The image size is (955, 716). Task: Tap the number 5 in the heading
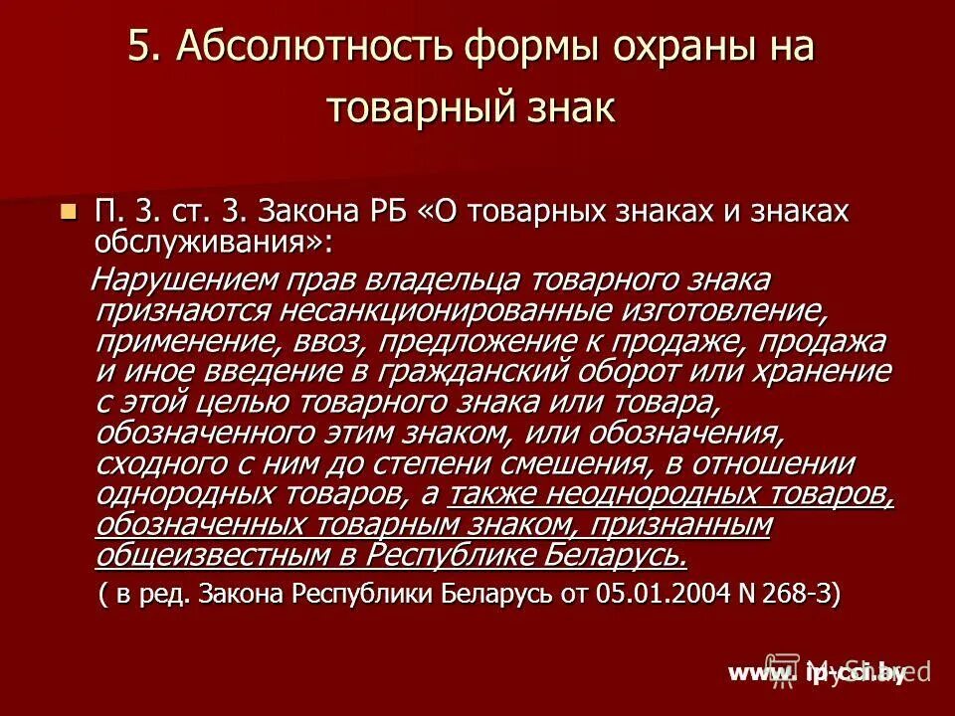click(140, 49)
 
